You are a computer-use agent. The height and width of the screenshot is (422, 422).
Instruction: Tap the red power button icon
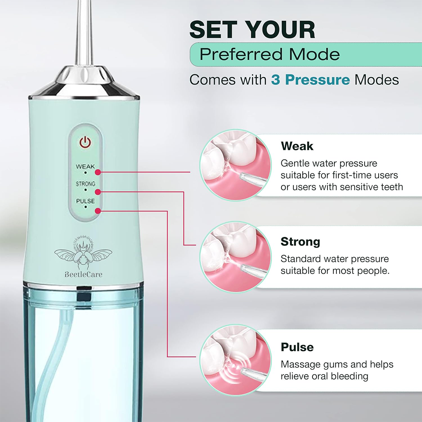85,142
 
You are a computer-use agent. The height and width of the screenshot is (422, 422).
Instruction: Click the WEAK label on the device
85,166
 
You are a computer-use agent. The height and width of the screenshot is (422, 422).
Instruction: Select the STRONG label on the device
85,184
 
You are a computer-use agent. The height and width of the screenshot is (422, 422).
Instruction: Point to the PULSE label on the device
85,201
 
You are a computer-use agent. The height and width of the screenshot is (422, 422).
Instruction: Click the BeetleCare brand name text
84,275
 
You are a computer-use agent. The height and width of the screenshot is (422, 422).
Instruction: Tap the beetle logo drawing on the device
83,253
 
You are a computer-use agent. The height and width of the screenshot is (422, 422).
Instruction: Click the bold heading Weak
297,146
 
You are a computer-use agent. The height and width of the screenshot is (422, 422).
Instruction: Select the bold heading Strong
300,242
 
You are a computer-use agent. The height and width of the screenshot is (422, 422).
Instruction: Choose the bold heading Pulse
297,347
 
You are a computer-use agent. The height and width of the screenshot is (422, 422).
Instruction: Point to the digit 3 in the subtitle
275,80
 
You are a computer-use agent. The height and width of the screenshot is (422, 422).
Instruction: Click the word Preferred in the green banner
241,54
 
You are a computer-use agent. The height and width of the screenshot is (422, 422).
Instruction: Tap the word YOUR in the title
281,30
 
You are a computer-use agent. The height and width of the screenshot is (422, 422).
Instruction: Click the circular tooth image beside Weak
236,165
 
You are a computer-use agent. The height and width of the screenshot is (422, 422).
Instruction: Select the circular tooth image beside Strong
236,257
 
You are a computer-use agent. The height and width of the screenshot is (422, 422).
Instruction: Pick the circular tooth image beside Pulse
236,360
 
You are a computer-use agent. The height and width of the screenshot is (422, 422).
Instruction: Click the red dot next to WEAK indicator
98,172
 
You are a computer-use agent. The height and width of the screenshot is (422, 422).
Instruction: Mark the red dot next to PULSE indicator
98,211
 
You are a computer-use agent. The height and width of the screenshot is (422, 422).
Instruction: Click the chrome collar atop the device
84,82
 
